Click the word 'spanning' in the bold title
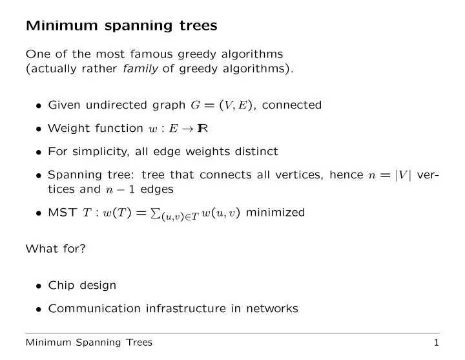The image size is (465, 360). point(138,26)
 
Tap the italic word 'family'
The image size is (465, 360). point(140,69)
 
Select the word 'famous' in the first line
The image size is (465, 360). point(151,54)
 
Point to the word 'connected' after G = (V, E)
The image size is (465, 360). point(292,105)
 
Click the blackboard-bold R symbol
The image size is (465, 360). point(203,128)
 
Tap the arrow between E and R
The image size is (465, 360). point(187,129)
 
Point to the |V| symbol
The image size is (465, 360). point(404,175)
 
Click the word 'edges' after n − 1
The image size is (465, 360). point(157,189)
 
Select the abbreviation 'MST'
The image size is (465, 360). point(62,213)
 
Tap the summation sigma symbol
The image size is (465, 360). point(155,213)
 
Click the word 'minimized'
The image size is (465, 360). point(275,213)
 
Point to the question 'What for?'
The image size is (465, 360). point(56,248)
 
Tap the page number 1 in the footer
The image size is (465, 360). point(436,343)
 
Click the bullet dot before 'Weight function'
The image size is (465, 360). point(38,129)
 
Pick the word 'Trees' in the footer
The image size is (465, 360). point(139,343)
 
